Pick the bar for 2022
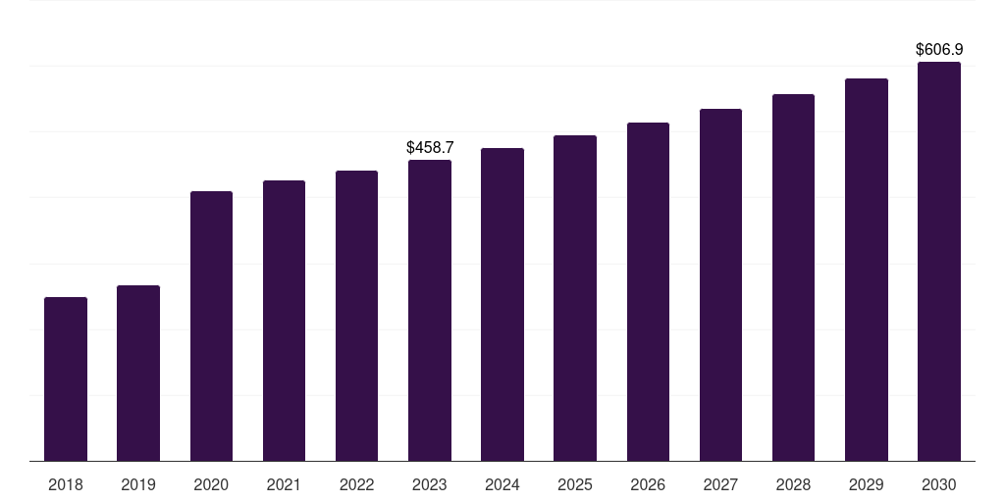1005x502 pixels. [356, 316]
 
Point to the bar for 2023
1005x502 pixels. [430, 310]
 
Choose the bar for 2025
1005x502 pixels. [575, 298]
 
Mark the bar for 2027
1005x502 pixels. [720, 284]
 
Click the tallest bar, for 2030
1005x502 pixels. [939, 261]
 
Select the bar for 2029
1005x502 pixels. [867, 270]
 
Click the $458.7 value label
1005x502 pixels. [430, 147]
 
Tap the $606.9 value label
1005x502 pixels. [939, 49]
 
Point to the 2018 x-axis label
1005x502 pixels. [66, 484]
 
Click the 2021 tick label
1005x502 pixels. [284, 484]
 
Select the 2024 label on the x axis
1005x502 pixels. [502, 484]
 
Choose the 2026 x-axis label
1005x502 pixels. [648, 484]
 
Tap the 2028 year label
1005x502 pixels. [793, 484]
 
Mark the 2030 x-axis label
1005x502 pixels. [939, 484]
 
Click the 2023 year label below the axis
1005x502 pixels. [430, 484]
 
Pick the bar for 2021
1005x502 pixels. [284, 321]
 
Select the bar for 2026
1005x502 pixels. [648, 291]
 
